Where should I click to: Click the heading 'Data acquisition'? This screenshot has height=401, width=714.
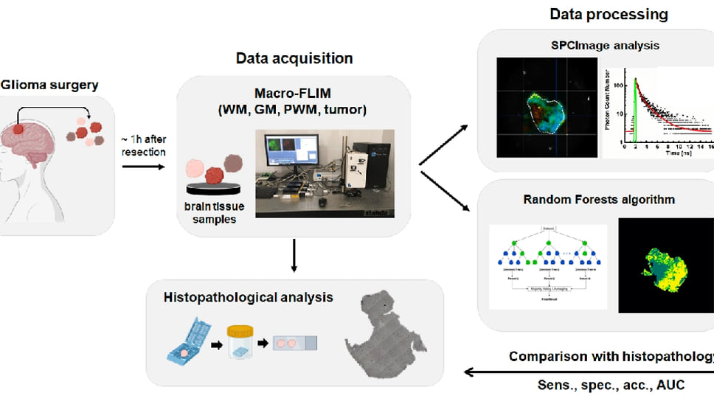[294, 58]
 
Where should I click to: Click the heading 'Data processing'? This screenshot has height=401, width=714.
[609, 14]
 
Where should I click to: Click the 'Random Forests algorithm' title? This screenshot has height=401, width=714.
[599, 199]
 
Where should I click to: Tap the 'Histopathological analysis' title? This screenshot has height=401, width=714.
[249, 298]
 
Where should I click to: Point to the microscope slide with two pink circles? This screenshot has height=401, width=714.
[294, 344]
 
